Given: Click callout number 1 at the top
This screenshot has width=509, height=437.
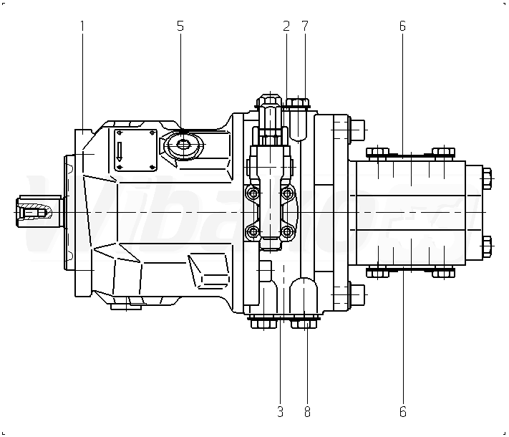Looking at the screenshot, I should pyautogui.click(x=82, y=26).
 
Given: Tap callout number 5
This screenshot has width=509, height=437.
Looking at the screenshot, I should pyautogui.click(x=180, y=26).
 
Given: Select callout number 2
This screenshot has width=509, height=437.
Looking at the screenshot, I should pyautogui.click(x=286, y=26).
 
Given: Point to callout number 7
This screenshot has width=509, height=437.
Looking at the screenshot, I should pyautogui.click(x=305, y=26).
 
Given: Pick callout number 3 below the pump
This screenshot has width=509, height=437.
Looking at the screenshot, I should pyautogui.click(x=280, y=412).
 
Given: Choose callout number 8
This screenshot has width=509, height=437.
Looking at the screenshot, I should pyautogui.click(x=307, y=412).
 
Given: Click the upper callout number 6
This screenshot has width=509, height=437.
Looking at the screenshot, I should pyautogui.click(x=402, y=26).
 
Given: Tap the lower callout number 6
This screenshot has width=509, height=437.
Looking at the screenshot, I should pyautogui.click(x=402, y=412).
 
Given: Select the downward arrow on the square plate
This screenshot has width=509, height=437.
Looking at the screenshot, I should pyautogui.click(x=121, y=150).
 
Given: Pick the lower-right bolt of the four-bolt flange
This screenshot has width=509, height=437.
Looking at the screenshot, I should pyautogui.click(x=288, y=231).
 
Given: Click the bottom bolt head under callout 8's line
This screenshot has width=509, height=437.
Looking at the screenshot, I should pyautogui.click(x=304, y=325).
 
